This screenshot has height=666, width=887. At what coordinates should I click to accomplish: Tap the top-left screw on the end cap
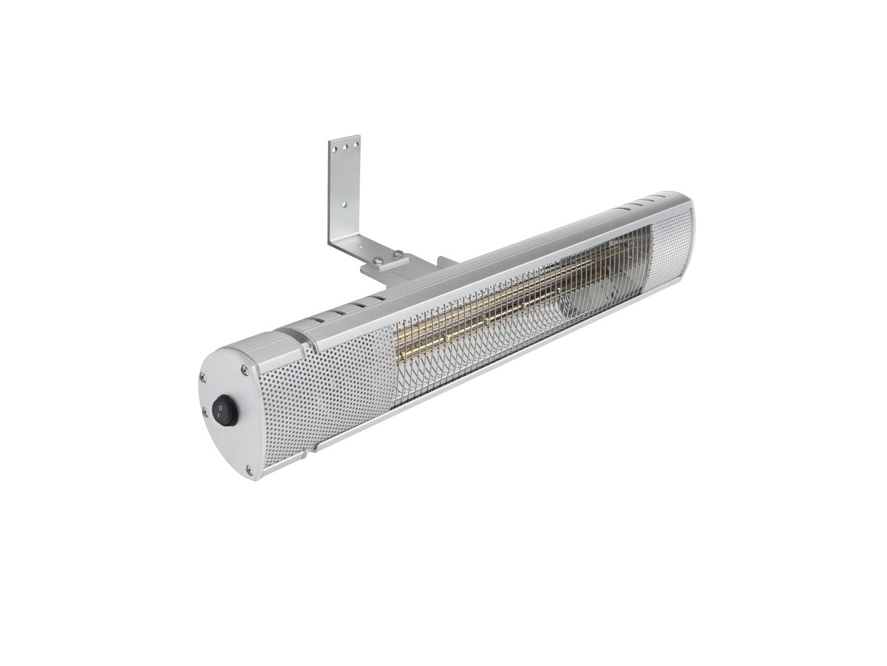click(202, 377)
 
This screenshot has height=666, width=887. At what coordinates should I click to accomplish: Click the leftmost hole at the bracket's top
click(333, 148)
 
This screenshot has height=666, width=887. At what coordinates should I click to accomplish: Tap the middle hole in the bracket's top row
click(344, 145)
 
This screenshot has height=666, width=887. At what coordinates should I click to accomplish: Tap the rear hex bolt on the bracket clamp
click(400, 254)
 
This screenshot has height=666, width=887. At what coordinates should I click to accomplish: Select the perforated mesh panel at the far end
click(673, 244)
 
